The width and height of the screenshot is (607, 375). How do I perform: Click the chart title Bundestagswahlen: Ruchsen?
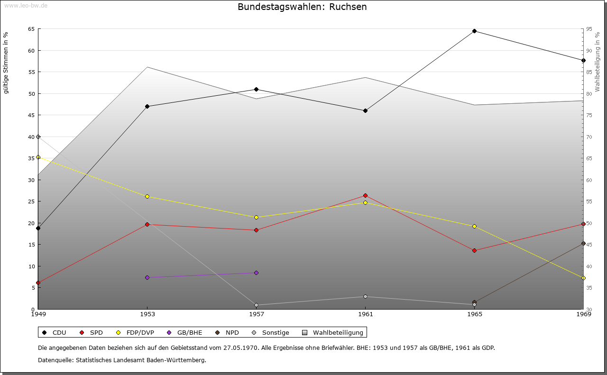click(x=302, y=7)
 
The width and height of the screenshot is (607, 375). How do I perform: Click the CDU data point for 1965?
click(x=474, y=31)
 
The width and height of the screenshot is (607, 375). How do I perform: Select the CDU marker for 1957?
click(x=256, y=89)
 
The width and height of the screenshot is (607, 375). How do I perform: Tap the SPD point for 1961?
click(x=365, y=195)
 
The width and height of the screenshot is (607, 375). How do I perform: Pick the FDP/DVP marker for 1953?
click(x=147, y=196)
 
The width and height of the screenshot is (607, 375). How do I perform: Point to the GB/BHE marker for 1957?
click(x=256, y=273)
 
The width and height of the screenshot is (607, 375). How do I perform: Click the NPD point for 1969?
click(x=583, y=243)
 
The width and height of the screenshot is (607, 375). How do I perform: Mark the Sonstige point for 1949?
click(x=38, y=137)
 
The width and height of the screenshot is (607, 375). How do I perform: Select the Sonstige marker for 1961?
click(x=365, y=297)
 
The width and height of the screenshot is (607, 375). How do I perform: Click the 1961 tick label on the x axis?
click(x=365, y=314)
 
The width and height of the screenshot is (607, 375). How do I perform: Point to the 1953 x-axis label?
click(x=147, y=314)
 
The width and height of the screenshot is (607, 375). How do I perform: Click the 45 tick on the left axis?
click(x=31, y=115)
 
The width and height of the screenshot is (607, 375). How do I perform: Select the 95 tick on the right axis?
click(x=589, y=29)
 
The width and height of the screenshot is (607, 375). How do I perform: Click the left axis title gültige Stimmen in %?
click(x=6, y=63)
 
